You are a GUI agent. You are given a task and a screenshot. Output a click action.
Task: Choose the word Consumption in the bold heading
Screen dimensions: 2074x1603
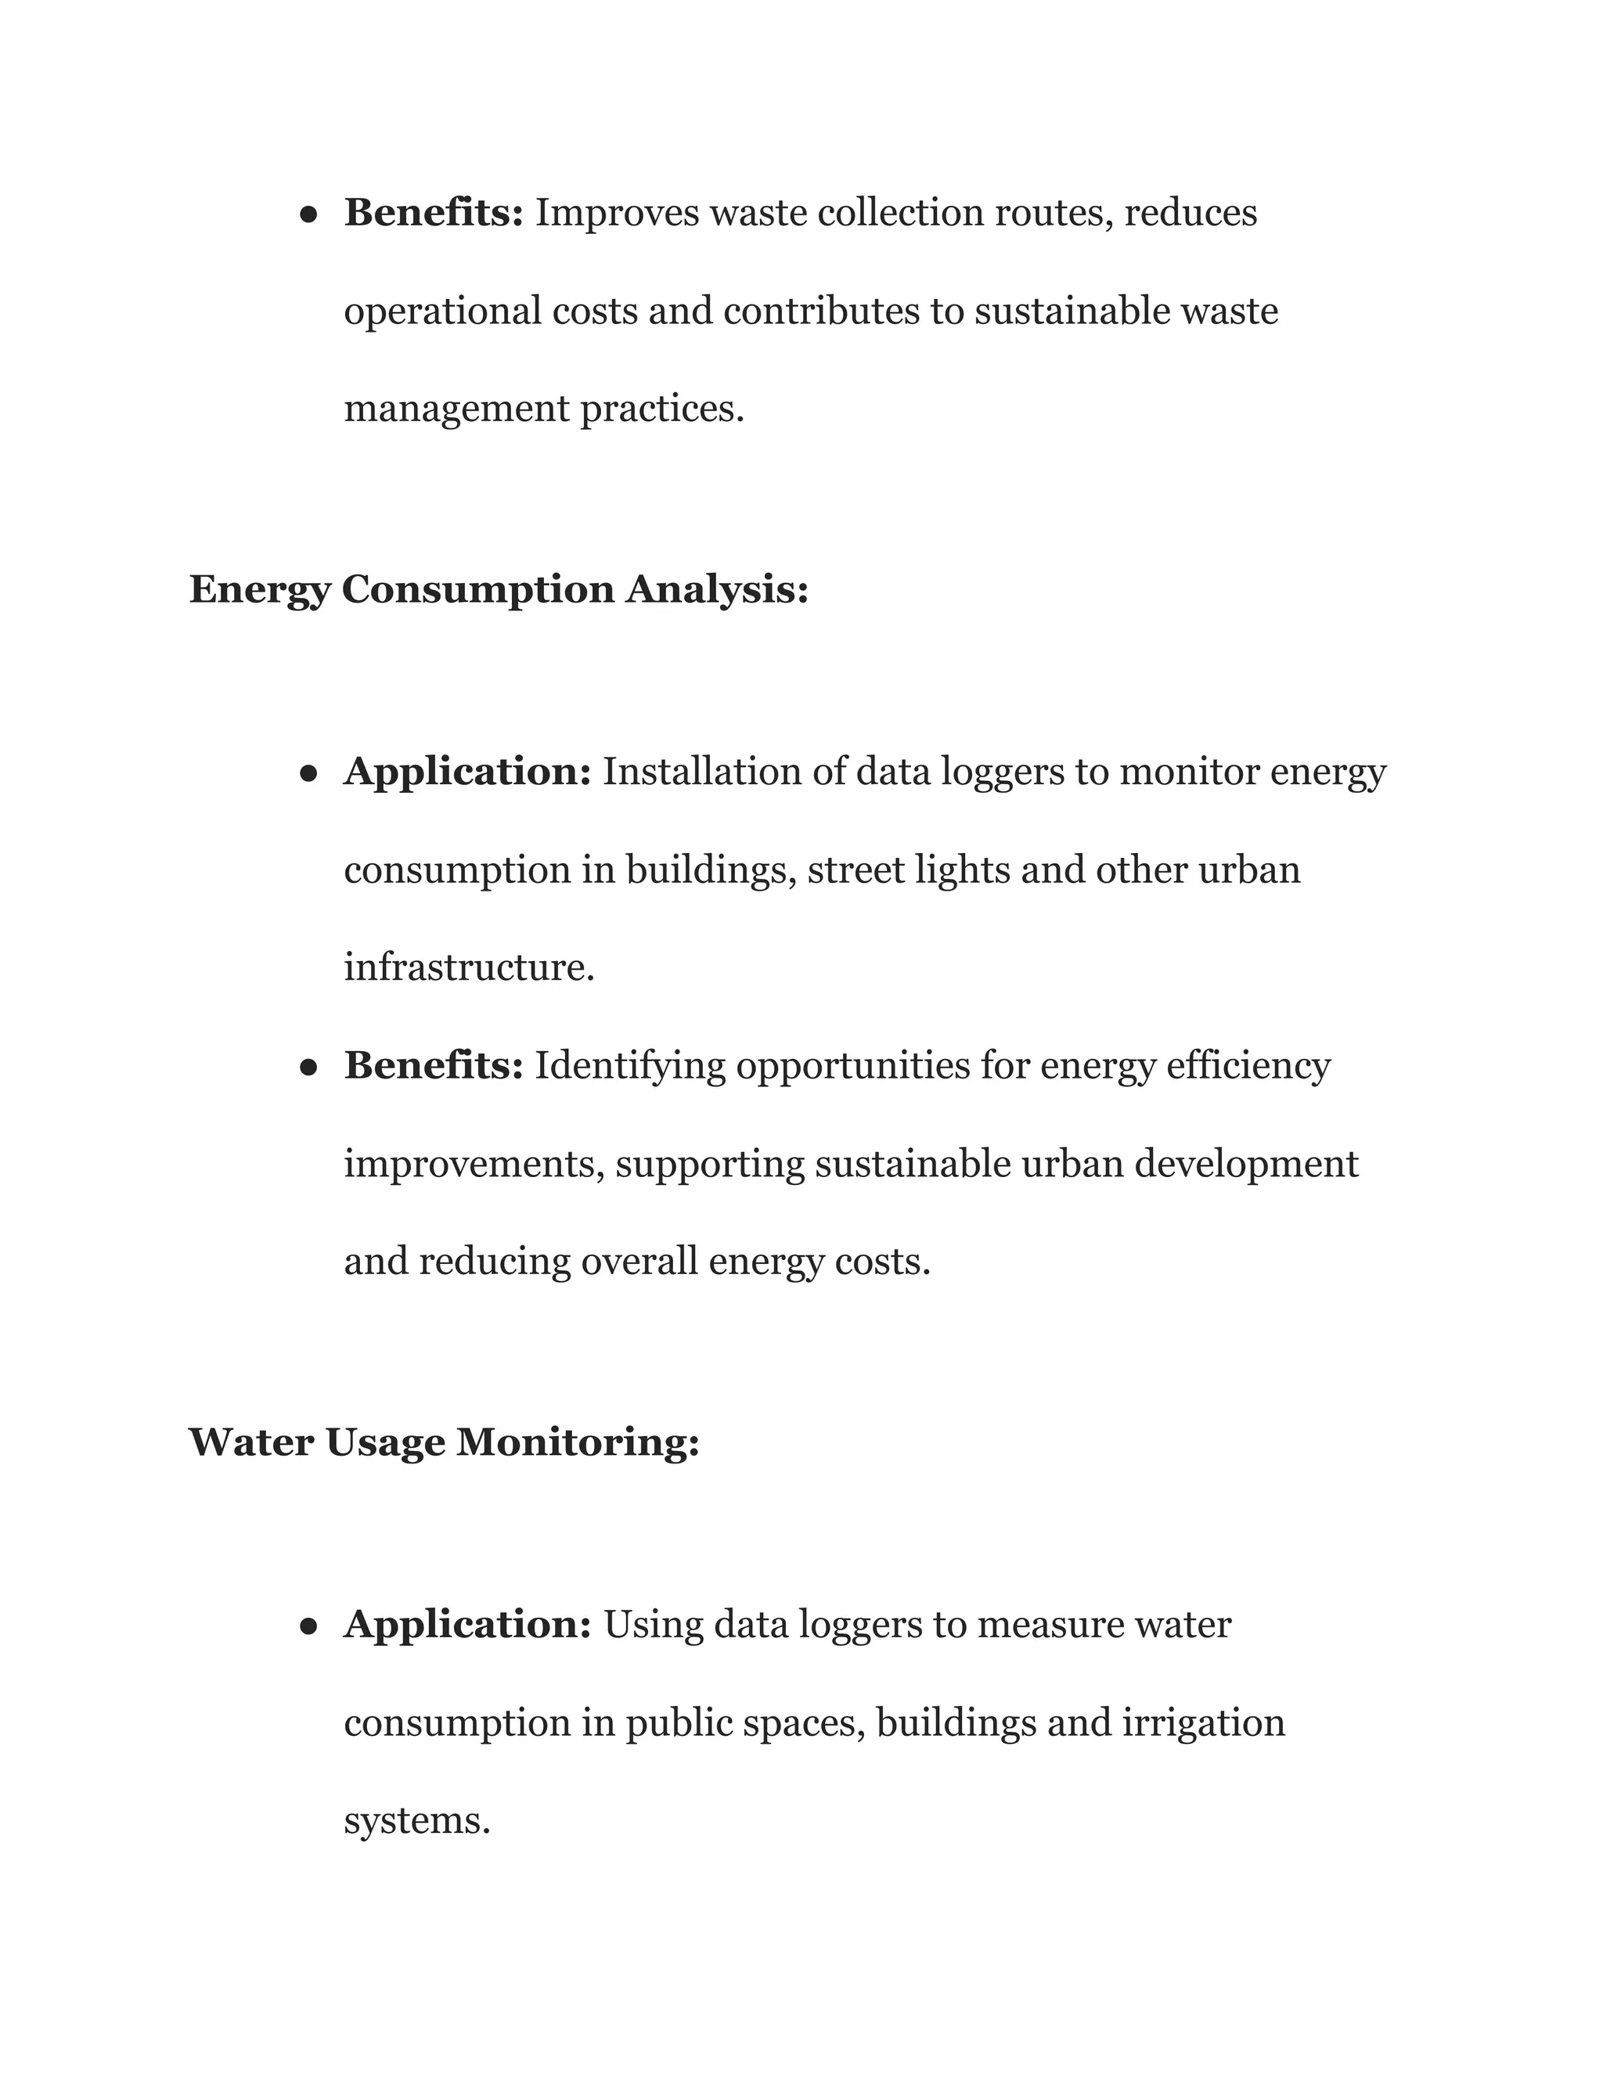tap(477, 590)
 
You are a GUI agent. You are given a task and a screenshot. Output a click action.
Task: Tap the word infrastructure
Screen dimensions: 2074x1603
tap(468, 967)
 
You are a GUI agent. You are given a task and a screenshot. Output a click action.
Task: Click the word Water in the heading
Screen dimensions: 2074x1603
tap(250, 1442)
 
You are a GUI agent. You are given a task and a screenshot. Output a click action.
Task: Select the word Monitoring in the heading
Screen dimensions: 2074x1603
tap(578, 1442)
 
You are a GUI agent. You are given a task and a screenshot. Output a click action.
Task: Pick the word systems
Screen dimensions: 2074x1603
tap(416, 1820)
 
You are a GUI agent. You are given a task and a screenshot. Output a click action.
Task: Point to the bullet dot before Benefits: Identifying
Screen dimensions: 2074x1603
tap(308, 1068)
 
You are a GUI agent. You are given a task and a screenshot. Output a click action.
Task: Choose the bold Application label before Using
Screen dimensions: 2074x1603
tap(467, 1625)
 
